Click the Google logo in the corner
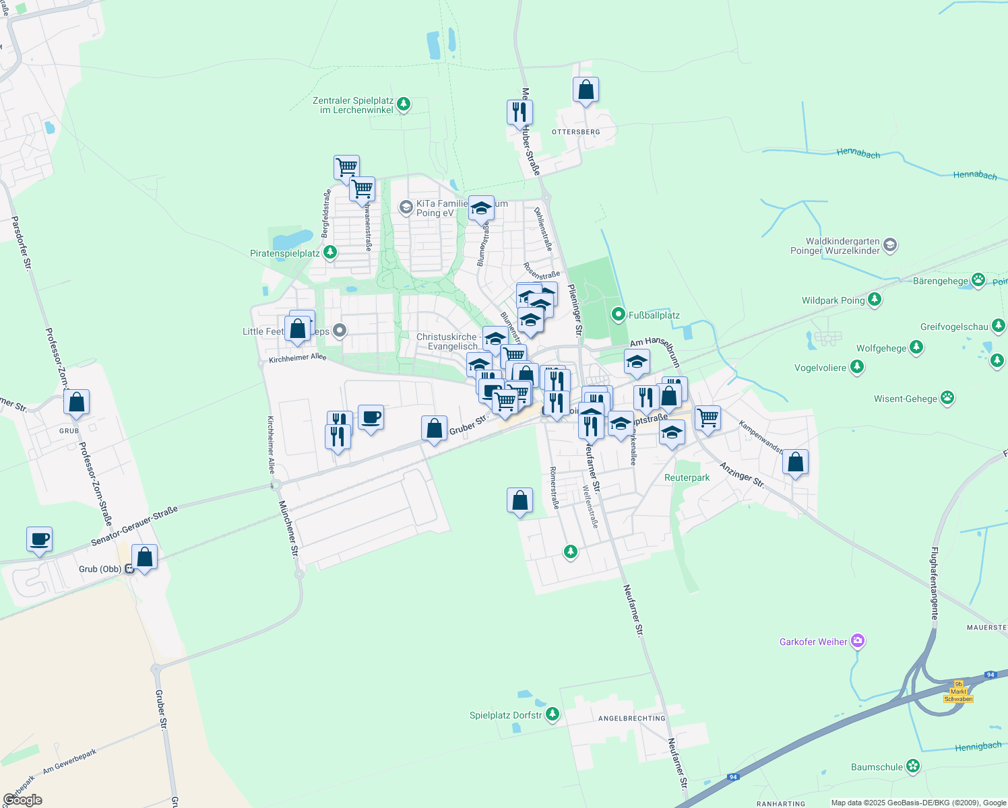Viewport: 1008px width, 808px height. click(x=22, y=800)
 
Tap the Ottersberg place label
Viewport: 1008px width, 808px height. click(x=575, y=132)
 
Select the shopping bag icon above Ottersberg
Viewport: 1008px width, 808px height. click(x=586, y=90)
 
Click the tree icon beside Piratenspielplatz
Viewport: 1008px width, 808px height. click(x=329, y=252)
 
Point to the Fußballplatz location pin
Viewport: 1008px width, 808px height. click(x=618, y=314)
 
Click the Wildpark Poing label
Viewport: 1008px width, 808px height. click(x=833, y=300)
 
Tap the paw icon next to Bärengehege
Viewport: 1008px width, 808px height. click(x=978, y=280)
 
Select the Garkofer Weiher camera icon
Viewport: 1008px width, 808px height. click(x=857, y=641)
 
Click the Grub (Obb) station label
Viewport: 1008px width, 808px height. click(x=100, y=569)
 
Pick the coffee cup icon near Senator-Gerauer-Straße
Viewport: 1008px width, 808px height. click(x=39, y=539)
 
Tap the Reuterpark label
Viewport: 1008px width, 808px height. click(x=687, y=477)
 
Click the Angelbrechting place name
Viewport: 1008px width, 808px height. click(x=631, y=718)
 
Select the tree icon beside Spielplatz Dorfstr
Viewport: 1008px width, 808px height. click(x=553, y=714)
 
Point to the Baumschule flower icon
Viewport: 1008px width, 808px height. click(x=913, y=766)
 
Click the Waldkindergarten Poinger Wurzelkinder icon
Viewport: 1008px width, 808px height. click(x=889, y=244)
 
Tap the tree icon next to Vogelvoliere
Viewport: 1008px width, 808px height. click(x=856, y=367)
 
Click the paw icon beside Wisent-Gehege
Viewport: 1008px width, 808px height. click(x=947, y=398)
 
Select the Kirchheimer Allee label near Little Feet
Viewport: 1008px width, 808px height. click(x=297, y=358)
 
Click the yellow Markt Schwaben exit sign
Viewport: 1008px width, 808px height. click(x=958, y=692)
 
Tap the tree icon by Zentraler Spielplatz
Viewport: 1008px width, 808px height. click(x=403, y=104)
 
